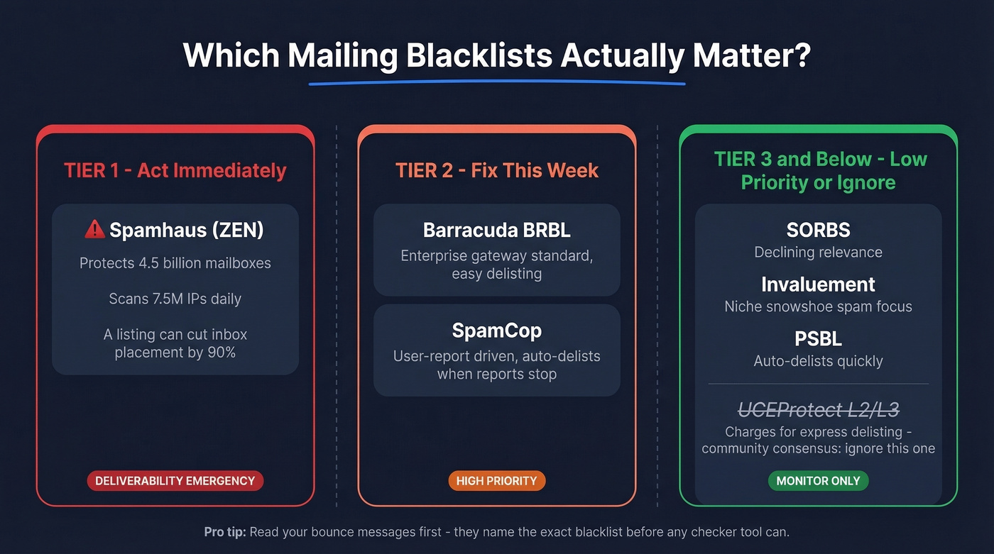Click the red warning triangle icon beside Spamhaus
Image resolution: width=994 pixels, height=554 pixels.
pyautogui.click(x=94, y=229)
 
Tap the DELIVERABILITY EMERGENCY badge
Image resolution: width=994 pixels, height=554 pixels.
pyautogui.click(x=175, y=480)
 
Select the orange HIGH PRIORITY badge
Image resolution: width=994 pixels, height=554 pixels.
pyautogui.click(x=497, y=480)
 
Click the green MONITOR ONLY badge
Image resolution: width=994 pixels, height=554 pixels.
pyautogui.click(x=818, y=480)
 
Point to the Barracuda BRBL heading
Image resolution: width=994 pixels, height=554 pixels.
pyautogui.click(x=496, y=230)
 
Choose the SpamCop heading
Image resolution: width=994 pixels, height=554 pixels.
pyautogui.click(x=496, y=331)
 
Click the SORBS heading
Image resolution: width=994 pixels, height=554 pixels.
pyautogui.click(x=818, y=230)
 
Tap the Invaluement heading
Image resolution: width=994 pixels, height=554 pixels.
pyautogui.click(x=818, y=284)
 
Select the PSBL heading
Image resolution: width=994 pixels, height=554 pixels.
pyautogui.click(x=818, y=338)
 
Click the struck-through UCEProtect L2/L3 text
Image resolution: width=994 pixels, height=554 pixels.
pyautogui.click(x=818, y=409)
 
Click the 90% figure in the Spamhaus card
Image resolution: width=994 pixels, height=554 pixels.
pyautogui.click(x=221, y=352)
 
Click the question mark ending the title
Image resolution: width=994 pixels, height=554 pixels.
pyautogui.click(x=802, y=55)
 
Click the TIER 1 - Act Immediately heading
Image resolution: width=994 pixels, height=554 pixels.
pyautogui.click(x=175, y=171)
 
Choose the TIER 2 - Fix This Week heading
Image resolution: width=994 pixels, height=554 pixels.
pyautogui.click(x=496, y=171)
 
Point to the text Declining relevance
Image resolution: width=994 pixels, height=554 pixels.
pyautogui.click(x=818, y=252)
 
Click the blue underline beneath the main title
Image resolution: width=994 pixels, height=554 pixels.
pyautogui.click(x=497, y=83)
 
